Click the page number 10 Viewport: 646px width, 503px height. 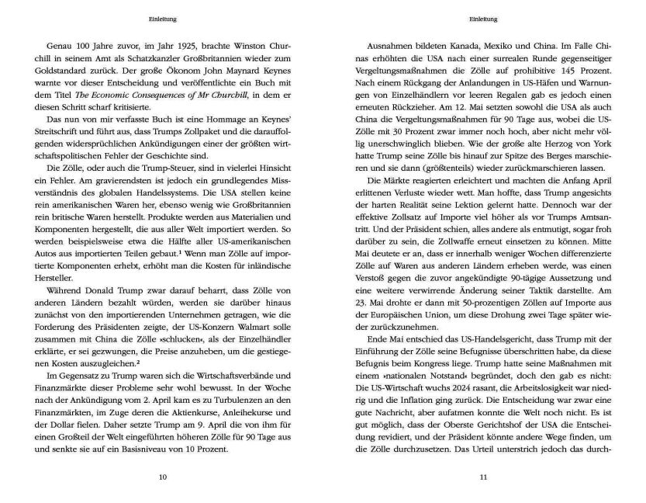162,477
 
